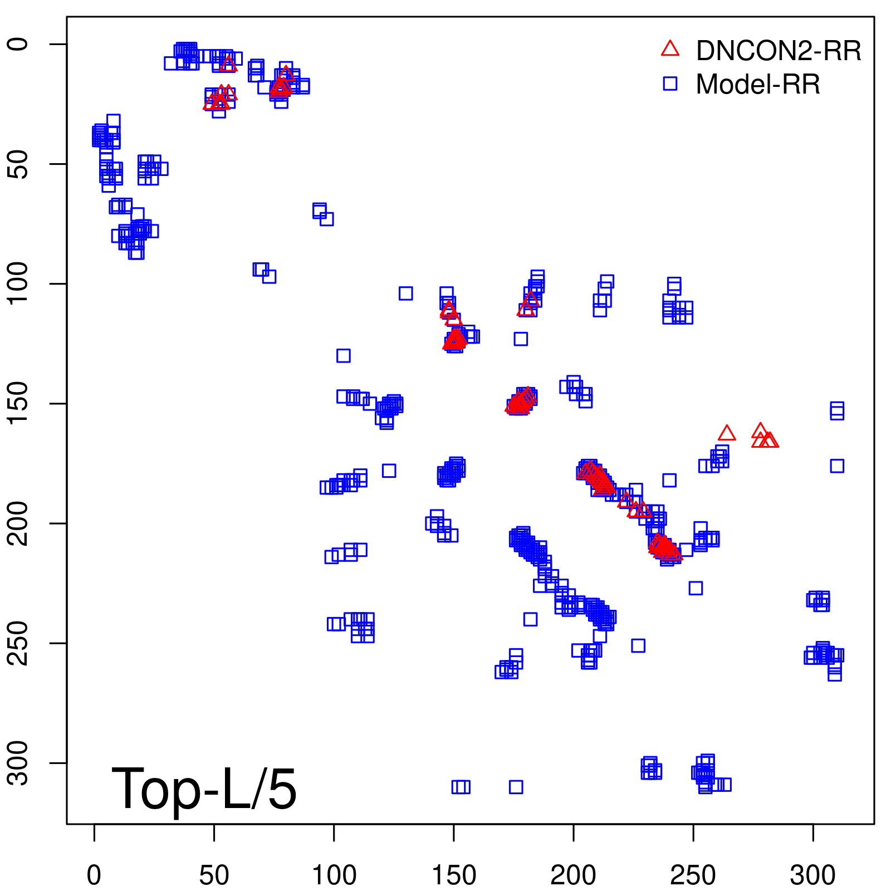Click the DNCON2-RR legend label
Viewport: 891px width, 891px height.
(778, 51)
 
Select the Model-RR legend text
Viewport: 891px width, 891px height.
(758, 85)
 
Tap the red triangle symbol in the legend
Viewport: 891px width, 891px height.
(670, 49)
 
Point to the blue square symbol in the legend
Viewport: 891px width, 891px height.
(670, 84)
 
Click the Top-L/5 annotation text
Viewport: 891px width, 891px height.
(204, 789)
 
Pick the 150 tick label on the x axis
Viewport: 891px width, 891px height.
(454, 875)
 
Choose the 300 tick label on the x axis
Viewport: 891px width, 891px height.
(812, 875)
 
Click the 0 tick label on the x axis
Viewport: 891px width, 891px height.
(94, 875)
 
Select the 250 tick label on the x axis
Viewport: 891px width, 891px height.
(693, 875)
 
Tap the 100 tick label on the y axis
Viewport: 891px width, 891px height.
(18, 284)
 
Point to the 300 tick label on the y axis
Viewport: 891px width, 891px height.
(18, 763)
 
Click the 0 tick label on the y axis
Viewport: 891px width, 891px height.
(18, 44)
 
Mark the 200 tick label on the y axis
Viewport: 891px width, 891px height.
(18, 523)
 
